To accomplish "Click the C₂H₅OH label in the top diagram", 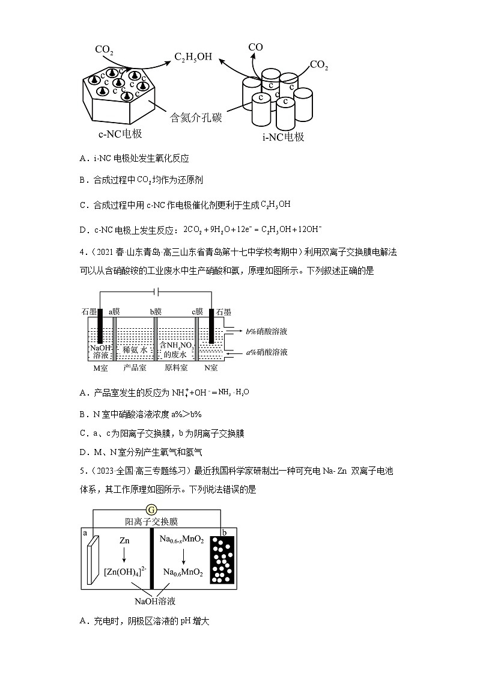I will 193,57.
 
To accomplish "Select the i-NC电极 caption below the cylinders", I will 283,137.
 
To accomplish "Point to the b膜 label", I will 156,311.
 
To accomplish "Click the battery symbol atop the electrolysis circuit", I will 156,292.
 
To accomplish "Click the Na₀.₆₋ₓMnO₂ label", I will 183,540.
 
